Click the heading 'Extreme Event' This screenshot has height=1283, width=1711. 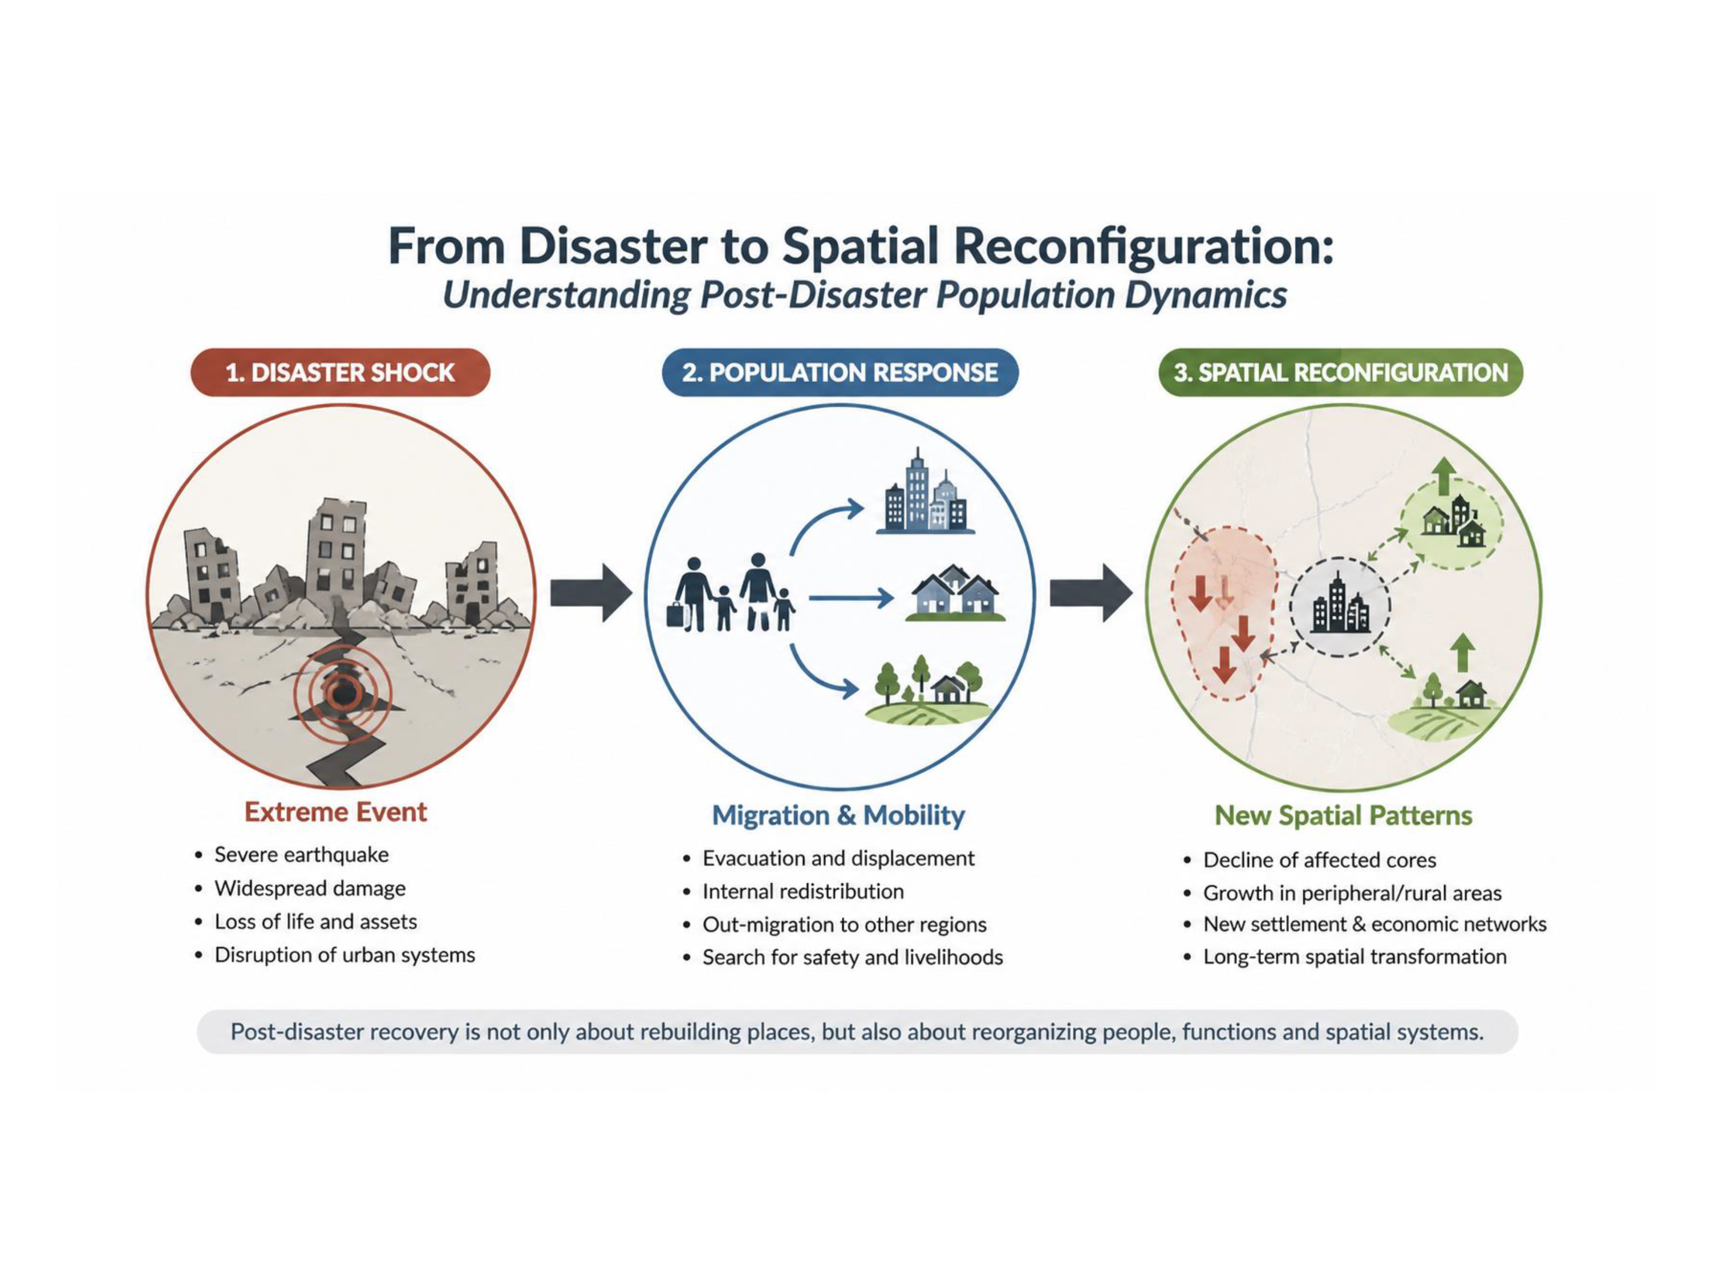click(336, 812)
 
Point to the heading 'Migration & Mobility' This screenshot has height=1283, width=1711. click(838, 815)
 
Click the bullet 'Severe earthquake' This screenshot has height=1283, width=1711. click(302, 855)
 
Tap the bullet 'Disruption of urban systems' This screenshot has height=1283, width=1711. click(345, 955)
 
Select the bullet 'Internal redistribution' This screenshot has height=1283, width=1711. click(803, 892)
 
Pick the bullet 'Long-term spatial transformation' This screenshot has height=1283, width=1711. click(1355, 957)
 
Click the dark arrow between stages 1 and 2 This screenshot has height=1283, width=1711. click(591, 593)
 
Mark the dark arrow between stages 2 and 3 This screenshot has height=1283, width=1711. click(1090, 593)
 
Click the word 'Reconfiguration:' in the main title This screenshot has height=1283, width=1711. click(1144, 247)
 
